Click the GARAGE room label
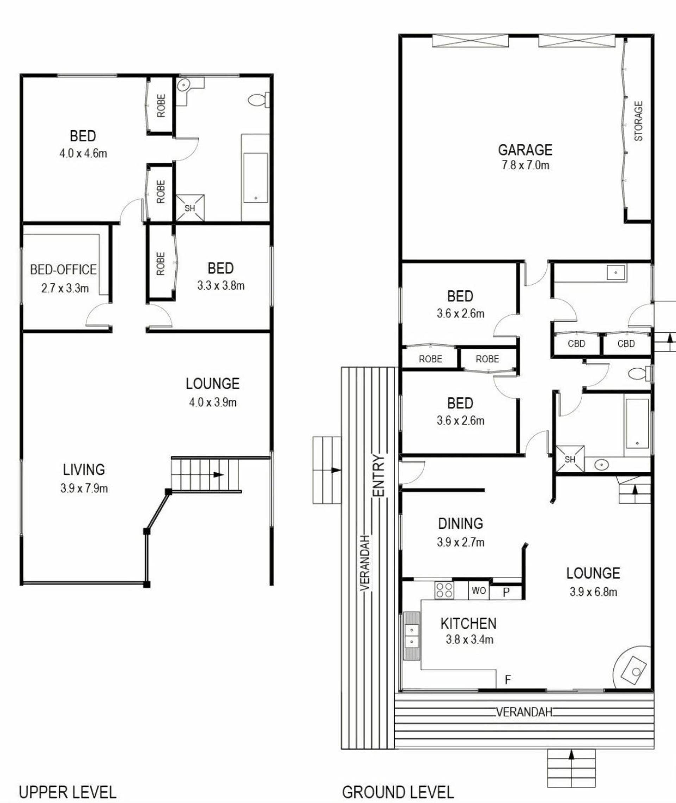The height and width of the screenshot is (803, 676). point(525,150)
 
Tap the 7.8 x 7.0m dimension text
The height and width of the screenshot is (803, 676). point(525,165)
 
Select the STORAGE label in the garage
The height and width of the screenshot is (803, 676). point(638,121)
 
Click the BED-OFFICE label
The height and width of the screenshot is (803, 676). point(63,270)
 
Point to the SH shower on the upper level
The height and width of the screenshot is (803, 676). point(190,208)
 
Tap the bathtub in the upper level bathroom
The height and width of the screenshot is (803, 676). point(256,178)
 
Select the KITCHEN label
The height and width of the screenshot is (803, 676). point(468,624)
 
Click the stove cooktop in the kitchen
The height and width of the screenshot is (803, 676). point(444,590)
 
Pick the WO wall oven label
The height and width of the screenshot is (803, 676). point(478,590)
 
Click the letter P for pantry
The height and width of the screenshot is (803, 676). point(506,592)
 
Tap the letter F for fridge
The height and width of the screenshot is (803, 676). point(508,680)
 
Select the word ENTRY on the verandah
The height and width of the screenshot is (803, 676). point(378,476)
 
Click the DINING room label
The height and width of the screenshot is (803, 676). point(460,524)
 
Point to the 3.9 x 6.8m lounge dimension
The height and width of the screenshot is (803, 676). point(593,592)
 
